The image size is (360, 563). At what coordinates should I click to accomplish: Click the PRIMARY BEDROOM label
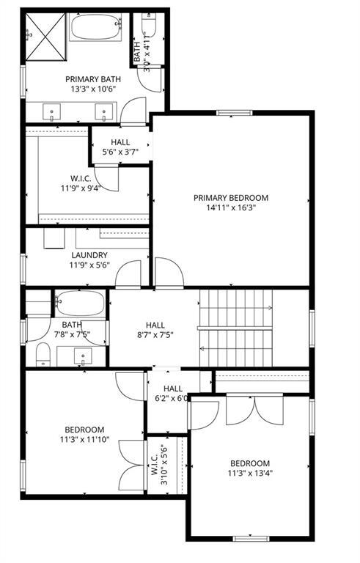[x=231, y=197]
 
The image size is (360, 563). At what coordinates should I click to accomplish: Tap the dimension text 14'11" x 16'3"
[x=231, y=207]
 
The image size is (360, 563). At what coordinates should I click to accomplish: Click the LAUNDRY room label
[x=89, y=255]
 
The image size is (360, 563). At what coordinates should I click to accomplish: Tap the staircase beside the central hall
[x=236, y=328]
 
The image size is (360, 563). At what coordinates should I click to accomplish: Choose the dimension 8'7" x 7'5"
[x=155, y=336]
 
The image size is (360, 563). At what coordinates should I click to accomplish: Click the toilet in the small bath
[x=43, y=354]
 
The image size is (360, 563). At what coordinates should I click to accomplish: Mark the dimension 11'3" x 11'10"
[x=84, y=440]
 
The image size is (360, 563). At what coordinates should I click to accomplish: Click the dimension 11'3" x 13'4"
[x=250, y=474]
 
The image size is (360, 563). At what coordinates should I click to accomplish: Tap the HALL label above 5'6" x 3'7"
[x=120, y=142]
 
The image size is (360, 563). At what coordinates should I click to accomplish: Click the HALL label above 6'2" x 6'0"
[x=173, y=389]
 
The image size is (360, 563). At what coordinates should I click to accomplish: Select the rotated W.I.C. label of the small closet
[x=156, y=463]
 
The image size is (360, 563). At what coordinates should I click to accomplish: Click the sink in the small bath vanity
[x=83, y=358]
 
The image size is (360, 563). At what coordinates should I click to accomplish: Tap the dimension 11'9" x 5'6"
[x=89, y=265]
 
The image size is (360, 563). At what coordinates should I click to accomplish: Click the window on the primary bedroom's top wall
[x=230, y=113]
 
